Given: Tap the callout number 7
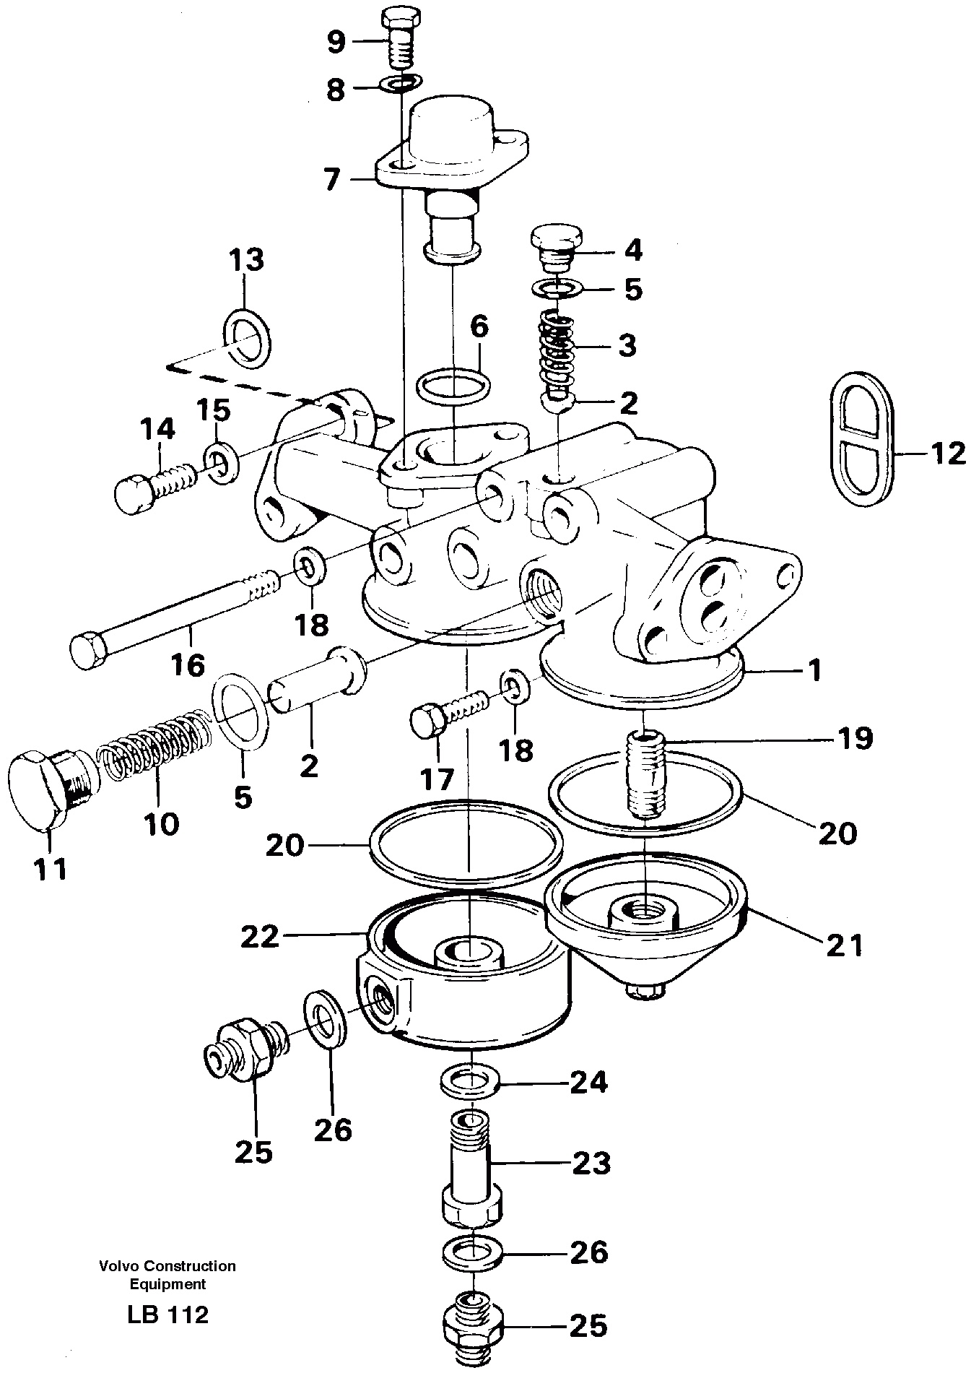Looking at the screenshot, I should (x=331, y=178).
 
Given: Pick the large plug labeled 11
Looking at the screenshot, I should (x=45, y=789).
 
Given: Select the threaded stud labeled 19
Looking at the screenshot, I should (x=645, y=775).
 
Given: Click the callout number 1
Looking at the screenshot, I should (x=814, y=671).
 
